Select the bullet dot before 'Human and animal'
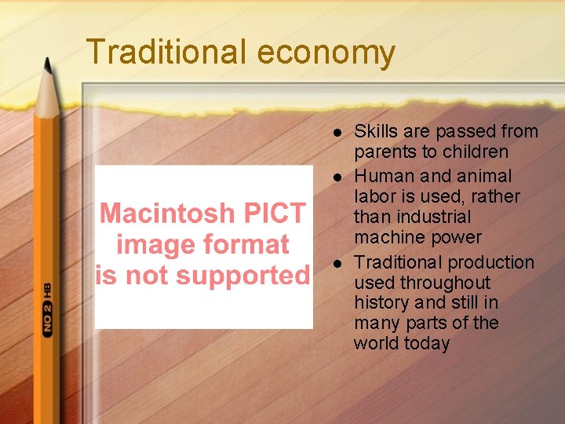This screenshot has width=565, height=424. click(337, 177)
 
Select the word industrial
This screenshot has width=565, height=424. click(434, 217)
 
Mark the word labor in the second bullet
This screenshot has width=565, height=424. click(374, 196)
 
